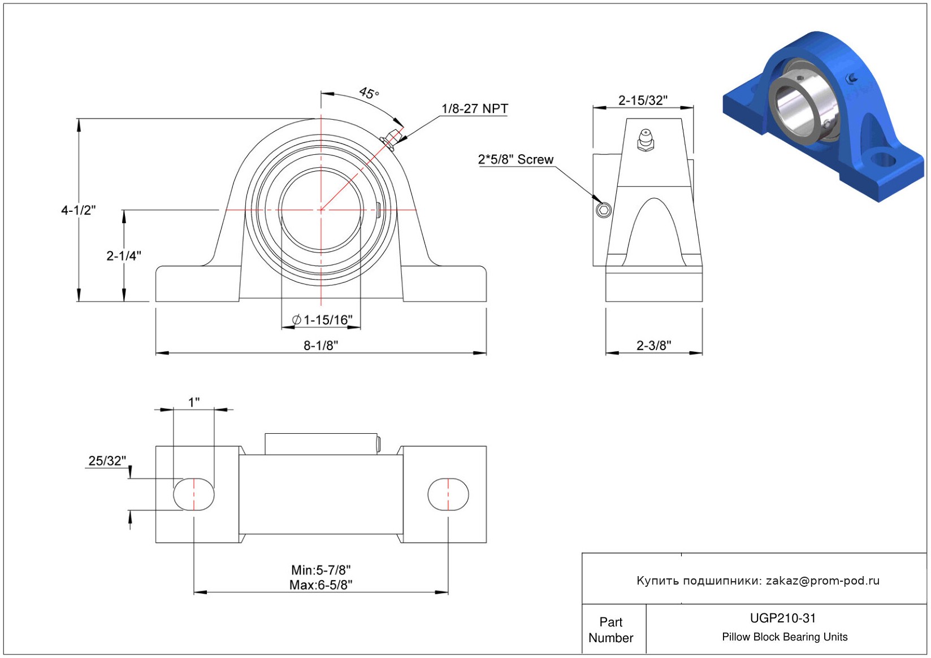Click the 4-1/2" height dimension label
(x=78, y=210)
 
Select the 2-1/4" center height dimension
(x=123, y=255)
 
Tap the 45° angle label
(x=369, y=93)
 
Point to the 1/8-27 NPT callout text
(x=474, y=108)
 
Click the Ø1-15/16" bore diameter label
(x=322, y=320)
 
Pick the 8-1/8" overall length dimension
(x=321, y=345)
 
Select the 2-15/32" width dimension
(x=643, y=100)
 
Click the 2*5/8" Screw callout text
(x=516, y=159)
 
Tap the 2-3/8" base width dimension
(x=654, y=345)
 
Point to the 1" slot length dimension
(x=194, y=402)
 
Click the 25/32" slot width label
(x=107, y=461)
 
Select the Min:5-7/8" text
(x=321, y=570)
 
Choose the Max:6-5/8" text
(x=321, y=585)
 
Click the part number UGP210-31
(x=783, y=618)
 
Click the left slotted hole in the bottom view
(x=194, y=494)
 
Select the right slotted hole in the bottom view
(x=448, y=494)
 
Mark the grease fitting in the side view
(x=646, y=140)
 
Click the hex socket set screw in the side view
(x=604, y=210)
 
